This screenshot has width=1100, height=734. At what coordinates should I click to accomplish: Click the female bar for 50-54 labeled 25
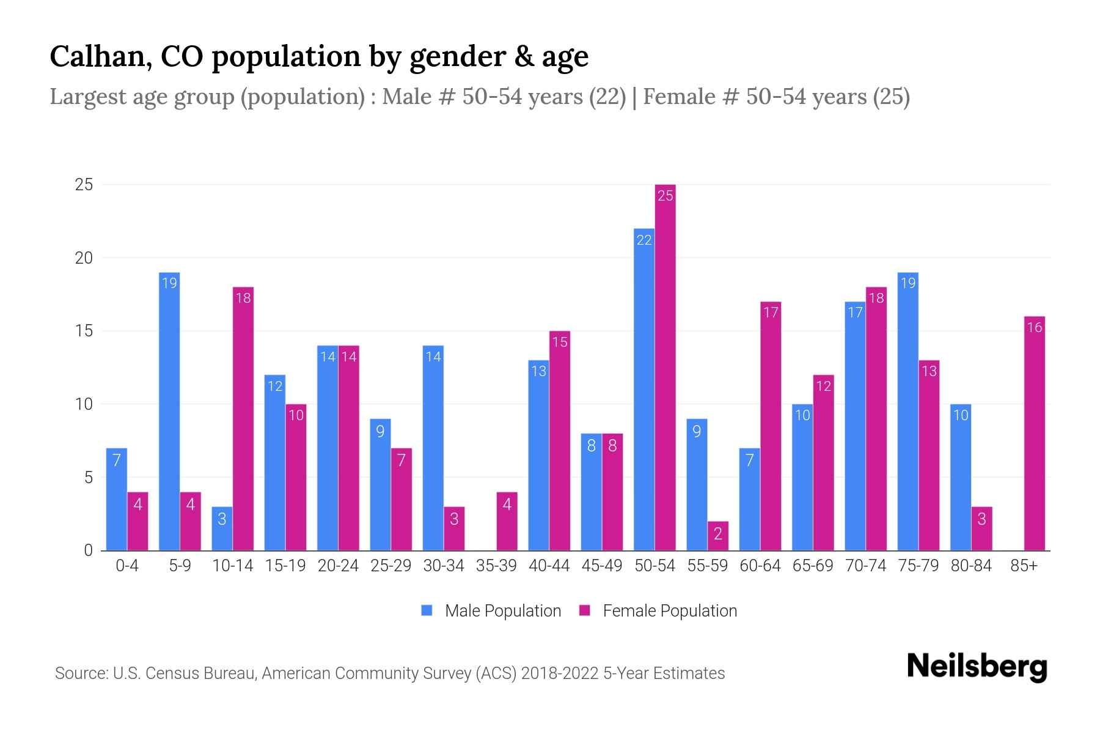tap(665, 367)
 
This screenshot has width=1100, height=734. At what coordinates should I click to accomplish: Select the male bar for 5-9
tap(169, 411)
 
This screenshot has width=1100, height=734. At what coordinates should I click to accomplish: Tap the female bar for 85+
tap(1034, 433)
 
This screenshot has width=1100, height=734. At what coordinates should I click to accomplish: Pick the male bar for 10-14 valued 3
tap(222, 528)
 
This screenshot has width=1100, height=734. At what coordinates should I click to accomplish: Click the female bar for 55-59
tap(717, 536)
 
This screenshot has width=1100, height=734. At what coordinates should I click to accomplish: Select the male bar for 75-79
tap(908, 411)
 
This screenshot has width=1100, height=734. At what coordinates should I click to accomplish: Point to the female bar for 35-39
tap(507, 521)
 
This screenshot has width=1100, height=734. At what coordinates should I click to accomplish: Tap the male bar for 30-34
tap(433, 448)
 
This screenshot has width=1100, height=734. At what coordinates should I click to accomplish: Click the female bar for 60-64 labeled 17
tap(771, 426)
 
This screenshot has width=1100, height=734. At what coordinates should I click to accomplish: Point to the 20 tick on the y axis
tap(84, 258)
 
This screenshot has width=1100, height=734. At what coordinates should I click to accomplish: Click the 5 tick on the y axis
tap(88, 477)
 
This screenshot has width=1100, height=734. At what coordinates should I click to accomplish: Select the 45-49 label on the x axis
tap(601, 566)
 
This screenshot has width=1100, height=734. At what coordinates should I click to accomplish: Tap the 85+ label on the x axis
tap(1024, 566)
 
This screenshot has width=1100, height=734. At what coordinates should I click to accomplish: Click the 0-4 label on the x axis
tap(127, 566)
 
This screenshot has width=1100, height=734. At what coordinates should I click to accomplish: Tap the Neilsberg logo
tap(977, 667)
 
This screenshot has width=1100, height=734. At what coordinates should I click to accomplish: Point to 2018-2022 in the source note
tap(560, 673)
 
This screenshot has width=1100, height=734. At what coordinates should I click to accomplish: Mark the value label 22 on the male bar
tap(644, 240)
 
